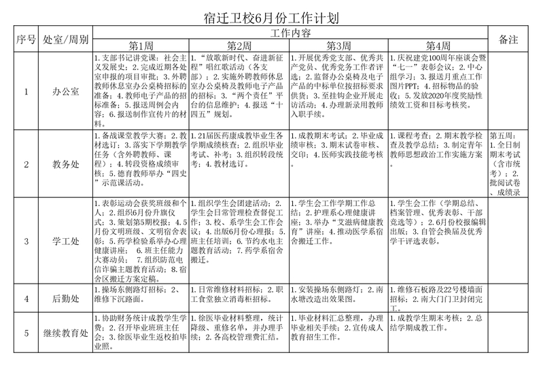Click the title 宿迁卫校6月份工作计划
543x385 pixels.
tap(271, 16)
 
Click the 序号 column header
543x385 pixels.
tap(26, 39)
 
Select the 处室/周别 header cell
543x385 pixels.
tap(65, 39)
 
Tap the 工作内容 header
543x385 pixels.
tap(290, 33)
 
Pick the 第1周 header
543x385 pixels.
tap(141, 46)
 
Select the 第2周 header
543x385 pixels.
tap(240, 46)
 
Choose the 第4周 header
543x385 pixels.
tap(438, 46)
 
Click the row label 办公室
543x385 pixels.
tap(65, 90)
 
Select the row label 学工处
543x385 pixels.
tap(65, 241)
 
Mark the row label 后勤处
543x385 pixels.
tap(65, 298)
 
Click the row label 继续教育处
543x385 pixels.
tap(65, 333)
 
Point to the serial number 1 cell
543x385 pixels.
tap(26, 90)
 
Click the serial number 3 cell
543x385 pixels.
tap(26, 241)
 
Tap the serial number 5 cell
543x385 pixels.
tap(26, 333)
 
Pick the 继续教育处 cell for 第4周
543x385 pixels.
tap(438, 321)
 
